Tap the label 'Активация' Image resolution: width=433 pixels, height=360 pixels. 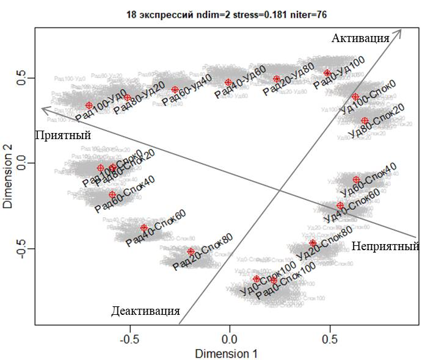pos(360,38)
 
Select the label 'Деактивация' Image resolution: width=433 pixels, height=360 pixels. pos(145,311)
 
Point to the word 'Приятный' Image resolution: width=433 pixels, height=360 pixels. pos(63,135)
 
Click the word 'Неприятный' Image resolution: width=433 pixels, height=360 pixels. pos(385,247)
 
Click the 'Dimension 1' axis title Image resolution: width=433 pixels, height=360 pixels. pos(226,353)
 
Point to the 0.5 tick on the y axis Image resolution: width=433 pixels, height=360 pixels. pos(23,78)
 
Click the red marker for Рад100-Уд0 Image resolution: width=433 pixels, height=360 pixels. pos(89,106)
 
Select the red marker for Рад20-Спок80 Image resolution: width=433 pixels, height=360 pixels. pos(191,251)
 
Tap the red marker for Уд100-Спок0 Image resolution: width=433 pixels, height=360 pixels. pos(355,97)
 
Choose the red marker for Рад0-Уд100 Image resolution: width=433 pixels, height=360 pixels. pos(327,73)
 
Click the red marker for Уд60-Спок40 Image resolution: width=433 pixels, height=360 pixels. pos(356,179)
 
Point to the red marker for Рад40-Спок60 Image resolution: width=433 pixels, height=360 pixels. pos(144,228)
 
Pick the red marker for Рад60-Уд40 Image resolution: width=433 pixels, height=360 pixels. pos(175,90)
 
